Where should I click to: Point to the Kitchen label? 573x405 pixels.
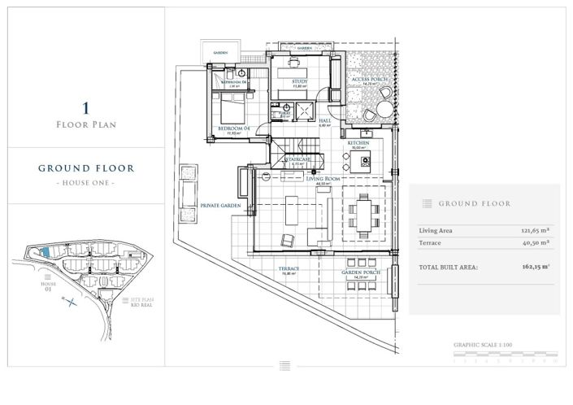[358, 142]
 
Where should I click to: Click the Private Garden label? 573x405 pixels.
[217, 207]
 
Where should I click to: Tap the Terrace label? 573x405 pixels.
[289, 268]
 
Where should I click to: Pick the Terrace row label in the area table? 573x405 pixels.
[430, 242]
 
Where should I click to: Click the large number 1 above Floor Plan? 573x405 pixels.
[85, 107]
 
